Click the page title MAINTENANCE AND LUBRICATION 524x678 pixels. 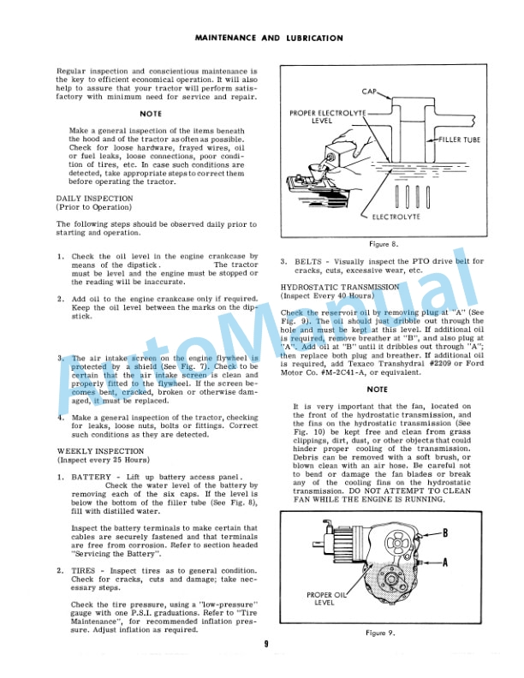269,39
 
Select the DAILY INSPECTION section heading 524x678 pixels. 94,198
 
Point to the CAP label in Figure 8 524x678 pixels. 370,91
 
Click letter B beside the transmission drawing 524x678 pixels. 468,532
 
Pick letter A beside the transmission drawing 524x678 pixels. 468,562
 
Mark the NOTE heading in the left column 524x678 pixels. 151,114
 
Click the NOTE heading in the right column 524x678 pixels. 375,389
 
